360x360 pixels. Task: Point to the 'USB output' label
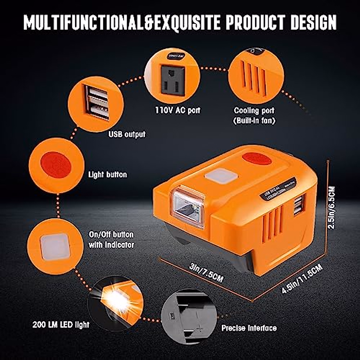pyautogui.click(x=127, y=134)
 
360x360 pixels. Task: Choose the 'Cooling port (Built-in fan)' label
pyautogui.click(x=254, y=115)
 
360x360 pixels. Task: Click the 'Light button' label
pyautogui.click(x=107, y=175)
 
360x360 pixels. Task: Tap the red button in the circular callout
pyautogui.click(x=56, y=165)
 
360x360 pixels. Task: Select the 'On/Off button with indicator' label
pyautogui.click(x=111, y=240)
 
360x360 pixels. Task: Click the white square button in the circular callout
pyautogui.click(x=55, y=247)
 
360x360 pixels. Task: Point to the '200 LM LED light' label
pyautogui.click(x=61, y=325)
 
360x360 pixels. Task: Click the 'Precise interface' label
pyautogui.click(x=249, y=328)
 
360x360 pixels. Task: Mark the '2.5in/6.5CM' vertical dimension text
pyautogui.click(x=332, y=207)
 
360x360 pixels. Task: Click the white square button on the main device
pyautogui.click(x=219, y=176)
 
